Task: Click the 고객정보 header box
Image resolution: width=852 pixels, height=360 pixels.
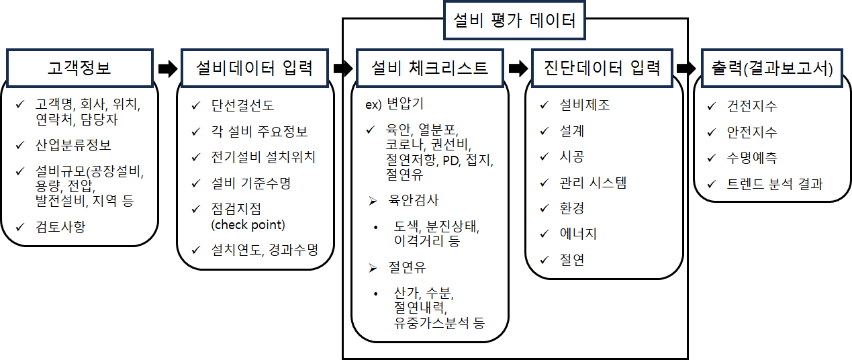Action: coord(80,68)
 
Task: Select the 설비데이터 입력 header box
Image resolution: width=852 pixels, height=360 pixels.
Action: coord(254,68)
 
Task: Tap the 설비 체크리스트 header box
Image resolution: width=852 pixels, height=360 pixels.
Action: coord(430,68)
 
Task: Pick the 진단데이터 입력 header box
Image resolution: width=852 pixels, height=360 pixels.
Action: coord(602,68)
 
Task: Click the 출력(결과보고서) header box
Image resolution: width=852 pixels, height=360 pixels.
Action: coord(772,68)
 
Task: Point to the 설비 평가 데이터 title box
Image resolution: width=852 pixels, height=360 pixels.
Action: coord(514,20)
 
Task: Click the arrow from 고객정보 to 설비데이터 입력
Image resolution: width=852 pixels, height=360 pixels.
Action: coord(168,69)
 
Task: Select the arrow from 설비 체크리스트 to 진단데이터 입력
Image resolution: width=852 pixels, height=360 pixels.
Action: coord(518,69)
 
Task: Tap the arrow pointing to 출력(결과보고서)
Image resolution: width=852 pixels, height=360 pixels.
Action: coord(687,69)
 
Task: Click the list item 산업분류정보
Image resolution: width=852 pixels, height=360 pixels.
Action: coord(73,145)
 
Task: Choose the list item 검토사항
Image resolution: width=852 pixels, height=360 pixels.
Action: coord(60,227)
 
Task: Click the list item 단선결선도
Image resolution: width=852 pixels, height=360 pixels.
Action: coord(242,105)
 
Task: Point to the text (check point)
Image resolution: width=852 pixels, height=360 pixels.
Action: coord(248,225)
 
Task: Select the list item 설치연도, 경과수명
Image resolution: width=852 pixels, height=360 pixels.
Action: coord(265,250)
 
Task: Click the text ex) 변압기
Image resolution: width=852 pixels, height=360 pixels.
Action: coord(394,103)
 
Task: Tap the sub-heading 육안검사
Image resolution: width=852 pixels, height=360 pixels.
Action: coord(414,200)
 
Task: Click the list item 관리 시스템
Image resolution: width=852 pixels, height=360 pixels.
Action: coord(593,183)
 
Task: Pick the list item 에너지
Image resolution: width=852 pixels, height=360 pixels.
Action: coord(578,234)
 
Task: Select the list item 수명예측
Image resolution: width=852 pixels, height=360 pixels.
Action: coord(752,158)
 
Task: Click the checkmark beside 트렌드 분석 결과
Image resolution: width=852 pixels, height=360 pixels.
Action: coord(712,184)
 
